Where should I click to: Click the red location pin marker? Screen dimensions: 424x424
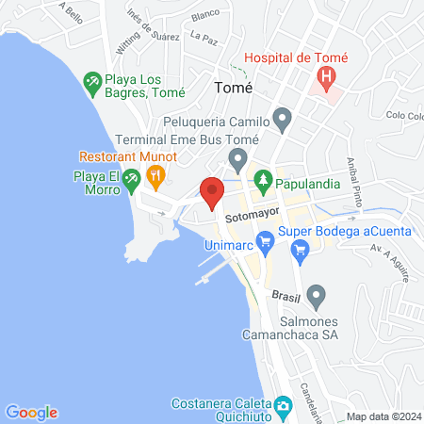point(211,192)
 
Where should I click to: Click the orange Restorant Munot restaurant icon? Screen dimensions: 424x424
point(155,174)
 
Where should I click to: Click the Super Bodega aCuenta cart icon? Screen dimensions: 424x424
point(301,250)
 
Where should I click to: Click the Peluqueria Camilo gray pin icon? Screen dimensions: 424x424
point(281,120)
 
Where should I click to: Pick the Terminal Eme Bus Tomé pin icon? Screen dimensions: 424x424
point(238,156)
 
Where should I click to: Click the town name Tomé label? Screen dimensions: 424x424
point(235,87)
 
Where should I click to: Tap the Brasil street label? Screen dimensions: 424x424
point(285,295)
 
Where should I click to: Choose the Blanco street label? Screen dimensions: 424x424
point(204,16)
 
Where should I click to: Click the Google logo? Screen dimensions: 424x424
point(31,412)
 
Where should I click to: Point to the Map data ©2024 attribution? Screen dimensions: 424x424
point(383,416)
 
